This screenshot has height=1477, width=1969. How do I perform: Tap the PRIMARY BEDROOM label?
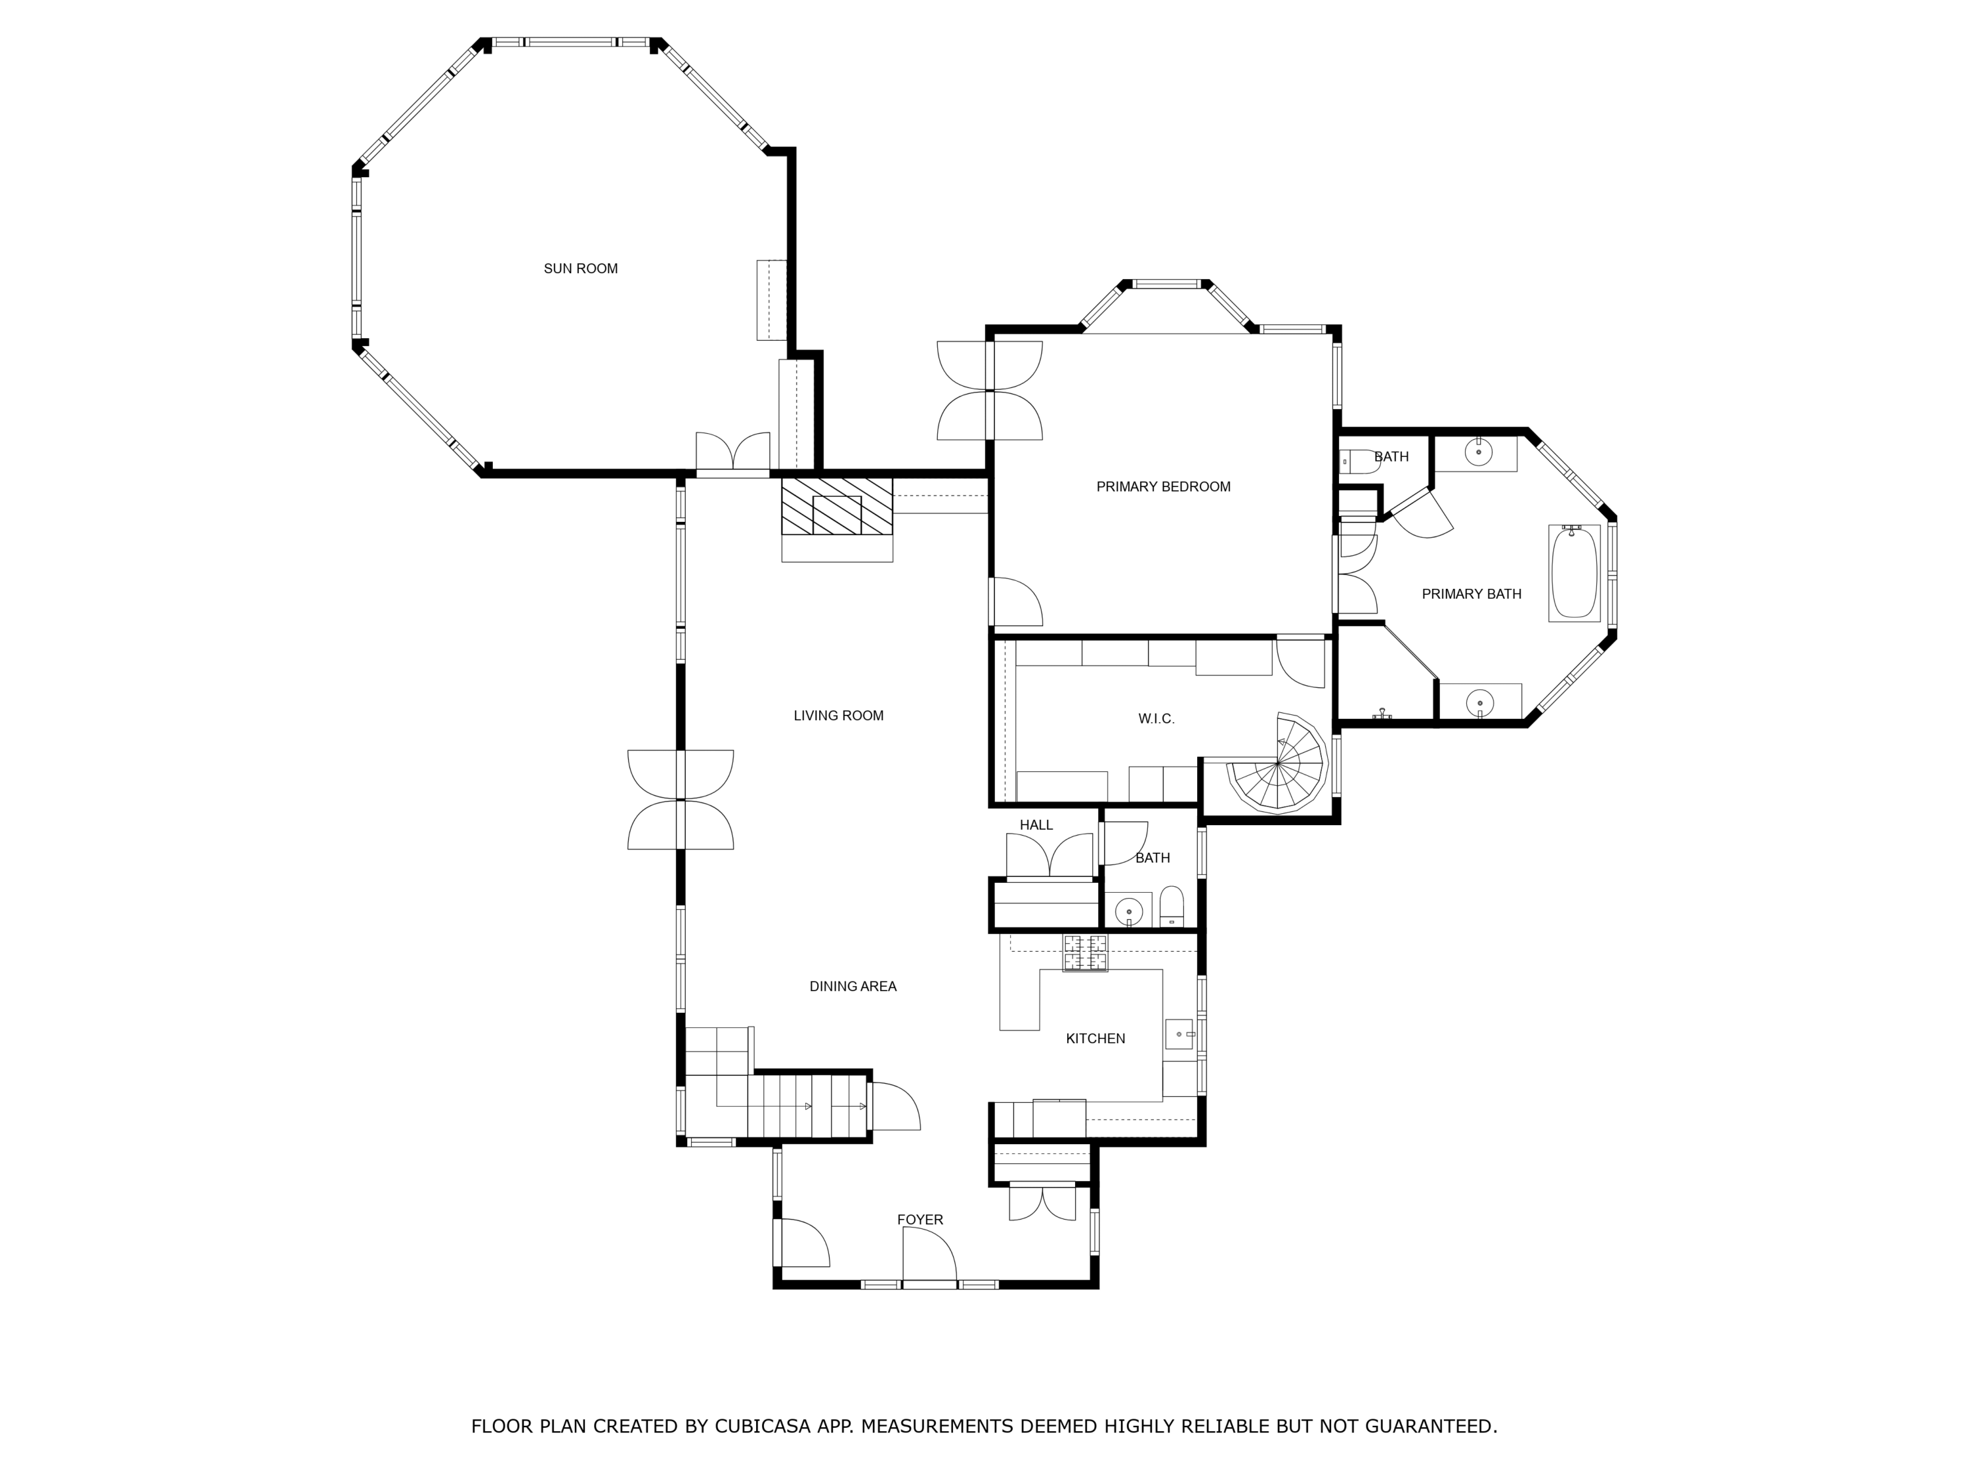coord(1164,487)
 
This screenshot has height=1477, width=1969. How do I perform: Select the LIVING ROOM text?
coord(839,716)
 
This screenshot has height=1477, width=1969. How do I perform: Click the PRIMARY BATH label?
coord(1471,595)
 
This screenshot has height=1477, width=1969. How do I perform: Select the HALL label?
coord(1036,825)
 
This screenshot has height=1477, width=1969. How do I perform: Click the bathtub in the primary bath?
coord(1575,572)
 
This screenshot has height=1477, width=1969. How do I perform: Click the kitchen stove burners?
coord(1085,953)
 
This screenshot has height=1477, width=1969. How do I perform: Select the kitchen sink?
coord(1179,1035)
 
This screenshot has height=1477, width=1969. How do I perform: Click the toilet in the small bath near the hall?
coord(1172,907)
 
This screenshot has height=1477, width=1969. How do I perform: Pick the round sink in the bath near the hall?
coord(1129,912)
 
